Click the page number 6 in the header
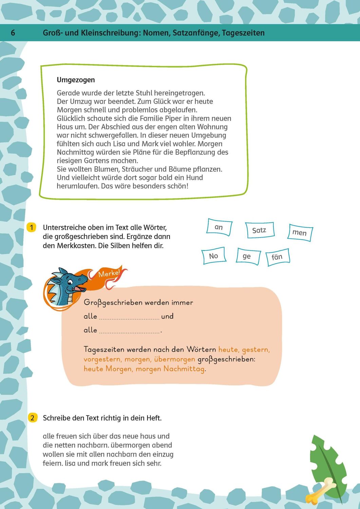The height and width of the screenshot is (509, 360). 13,33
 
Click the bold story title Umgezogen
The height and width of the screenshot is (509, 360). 76,80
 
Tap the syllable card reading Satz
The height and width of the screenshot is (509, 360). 259,230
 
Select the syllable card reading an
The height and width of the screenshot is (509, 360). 219,227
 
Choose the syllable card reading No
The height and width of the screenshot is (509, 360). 213,256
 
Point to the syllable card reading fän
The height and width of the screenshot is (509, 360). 277,257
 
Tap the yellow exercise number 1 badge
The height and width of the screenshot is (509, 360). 31,227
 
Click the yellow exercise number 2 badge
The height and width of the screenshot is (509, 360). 32,418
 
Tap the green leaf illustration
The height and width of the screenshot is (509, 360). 327,461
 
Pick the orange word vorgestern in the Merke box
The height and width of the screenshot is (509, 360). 102,359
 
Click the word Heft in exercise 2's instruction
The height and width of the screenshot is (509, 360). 153,418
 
